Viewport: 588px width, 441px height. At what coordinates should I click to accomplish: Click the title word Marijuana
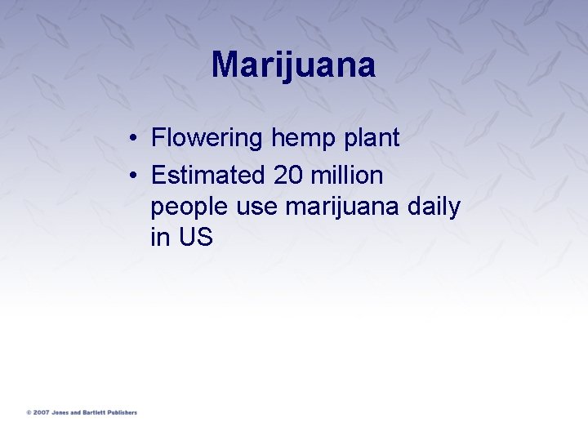click(293, 65)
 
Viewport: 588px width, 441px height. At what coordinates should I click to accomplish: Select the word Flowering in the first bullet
click(207, 138)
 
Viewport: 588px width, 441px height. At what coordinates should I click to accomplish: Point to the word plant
click(372, 138)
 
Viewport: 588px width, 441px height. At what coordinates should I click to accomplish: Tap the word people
click(189, 207)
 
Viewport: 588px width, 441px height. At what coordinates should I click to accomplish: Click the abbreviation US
click(196, 238)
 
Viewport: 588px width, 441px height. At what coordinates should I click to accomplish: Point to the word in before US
click(159, 238)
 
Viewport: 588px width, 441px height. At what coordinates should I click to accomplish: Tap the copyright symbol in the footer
click(29, 412)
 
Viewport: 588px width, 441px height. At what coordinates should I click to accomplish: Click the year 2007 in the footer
click(41, 412)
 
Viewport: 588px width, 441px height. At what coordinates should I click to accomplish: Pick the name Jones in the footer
click(60, 412)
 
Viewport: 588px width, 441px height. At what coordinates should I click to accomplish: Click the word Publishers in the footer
click(123, 412)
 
